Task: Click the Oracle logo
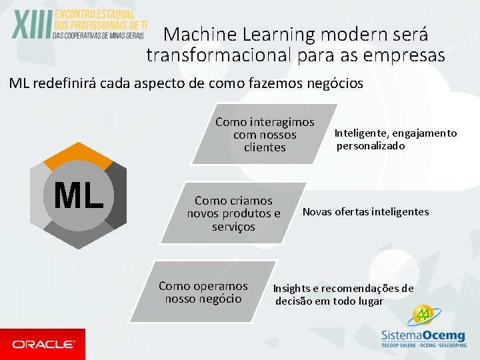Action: click(x=43, y=344)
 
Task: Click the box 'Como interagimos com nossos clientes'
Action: click(x=265, y=135)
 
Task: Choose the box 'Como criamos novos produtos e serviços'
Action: click(x=233, y=213)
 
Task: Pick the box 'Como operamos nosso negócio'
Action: click(x=203, y=292)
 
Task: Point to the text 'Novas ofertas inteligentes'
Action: click(x=365, y=212)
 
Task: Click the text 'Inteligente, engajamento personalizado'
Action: click(x=395, y=139)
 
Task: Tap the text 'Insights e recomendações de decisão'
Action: click(x=343, y=295)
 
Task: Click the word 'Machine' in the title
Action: click(x=196, y=34)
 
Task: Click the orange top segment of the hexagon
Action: click(x=79, y=153)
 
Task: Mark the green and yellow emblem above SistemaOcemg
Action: click(x=421, y=315)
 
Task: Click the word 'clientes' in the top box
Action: click(x=265, y=147)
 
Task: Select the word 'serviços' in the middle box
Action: click(x=233, y=227)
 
